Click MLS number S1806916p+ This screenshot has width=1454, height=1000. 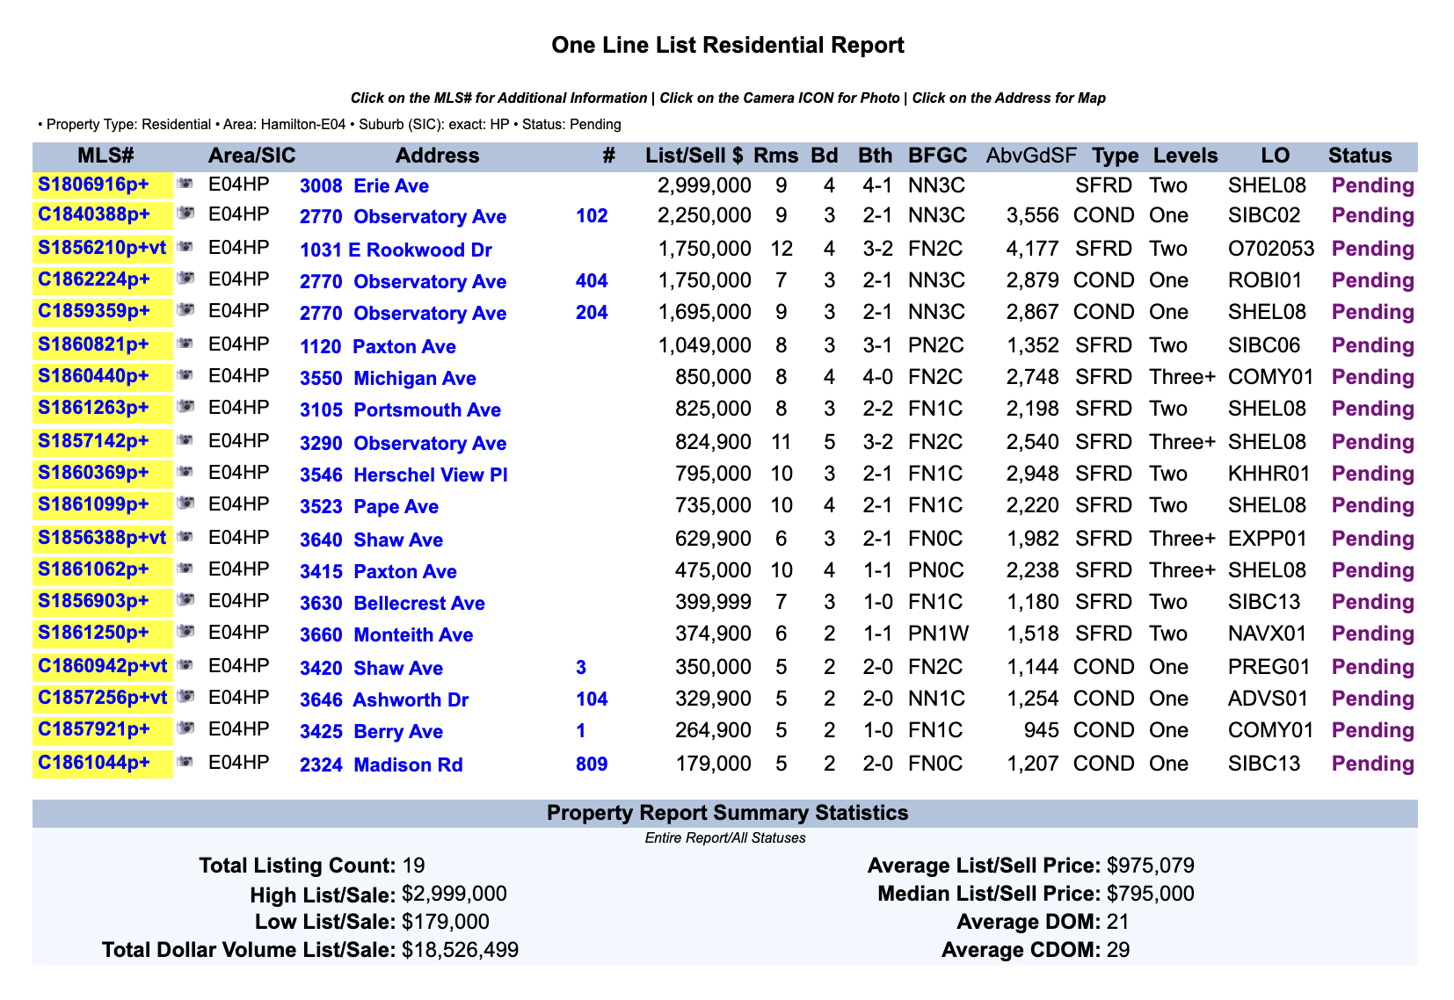coord(93,185)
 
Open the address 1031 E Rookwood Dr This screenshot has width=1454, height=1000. coord(396,250)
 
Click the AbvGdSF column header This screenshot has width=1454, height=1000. coord(1031,156)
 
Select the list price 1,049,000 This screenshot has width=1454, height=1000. coord(704,345)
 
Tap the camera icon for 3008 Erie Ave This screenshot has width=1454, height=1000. coord(185,184)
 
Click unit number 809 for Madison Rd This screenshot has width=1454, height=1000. coord(592,764)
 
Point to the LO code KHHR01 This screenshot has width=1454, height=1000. coord(1269,475)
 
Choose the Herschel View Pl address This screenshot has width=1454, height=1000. coord(403,475)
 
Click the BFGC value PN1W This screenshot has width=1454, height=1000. coord(935,634)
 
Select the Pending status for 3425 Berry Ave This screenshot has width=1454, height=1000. coord(1372,731)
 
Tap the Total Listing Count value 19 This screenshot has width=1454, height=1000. coord(413,866)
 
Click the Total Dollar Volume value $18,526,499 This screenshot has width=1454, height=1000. coord(460,951)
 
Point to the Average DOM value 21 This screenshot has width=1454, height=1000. coord(1118,923)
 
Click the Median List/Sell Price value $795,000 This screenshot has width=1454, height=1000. coord(1150,895)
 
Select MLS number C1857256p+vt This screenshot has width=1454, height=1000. coord(102,699)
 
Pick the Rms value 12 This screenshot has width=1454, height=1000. coord(781,250)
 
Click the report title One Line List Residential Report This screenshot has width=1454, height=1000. coord(727,46)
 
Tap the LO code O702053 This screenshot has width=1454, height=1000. coord(1270,250)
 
